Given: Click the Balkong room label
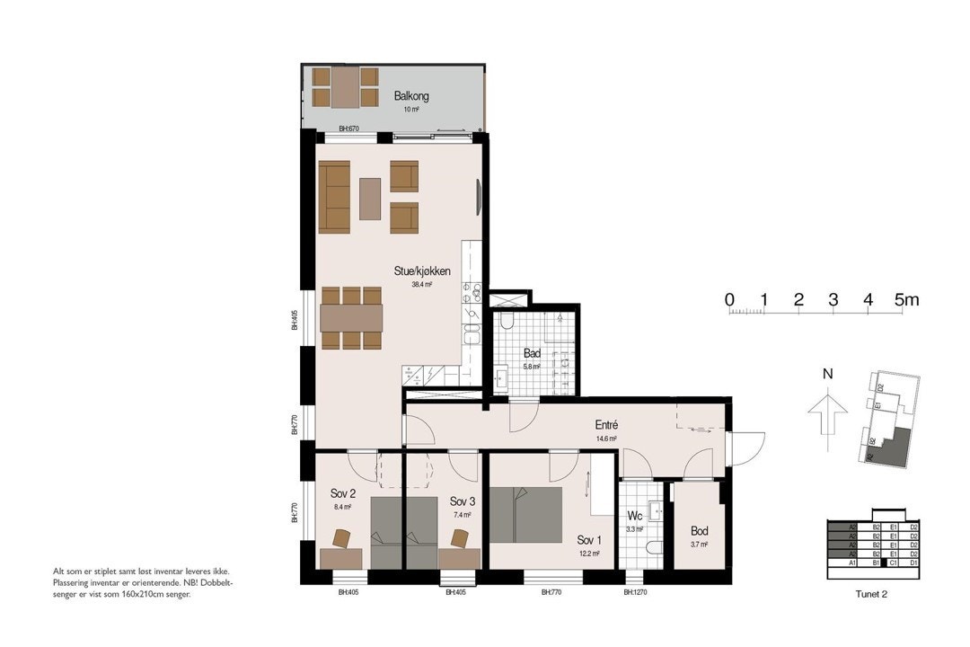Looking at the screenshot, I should (x=411, y=96).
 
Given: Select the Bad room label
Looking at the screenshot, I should (x=532, y=353).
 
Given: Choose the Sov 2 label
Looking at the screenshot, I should (x=343, y=493).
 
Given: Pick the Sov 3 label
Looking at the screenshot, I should (x=463, y=501).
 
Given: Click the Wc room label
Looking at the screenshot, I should (x=635, y=517).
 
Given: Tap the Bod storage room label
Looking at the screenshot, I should (x=700, y=531).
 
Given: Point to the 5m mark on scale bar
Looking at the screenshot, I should (x=906, y=300).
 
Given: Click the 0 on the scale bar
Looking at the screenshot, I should (x=729, y=300).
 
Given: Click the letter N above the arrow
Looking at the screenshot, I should (x=828, y=374).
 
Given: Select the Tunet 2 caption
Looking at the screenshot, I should (x=872, y=593).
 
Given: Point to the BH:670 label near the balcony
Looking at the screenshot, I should (x=348, y=129).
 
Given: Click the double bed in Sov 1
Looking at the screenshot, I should (x=525, y=514).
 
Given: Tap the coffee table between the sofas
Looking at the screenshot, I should (x=370, y=199).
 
